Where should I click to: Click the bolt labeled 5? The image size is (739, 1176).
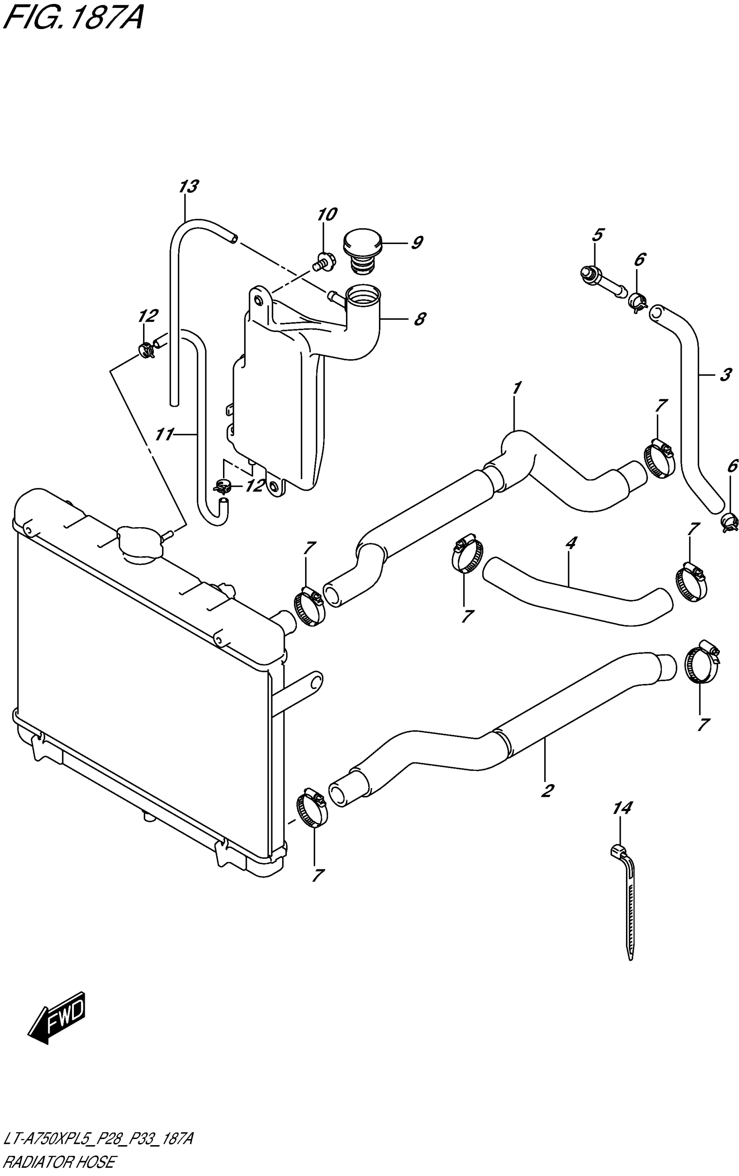click(601, 281)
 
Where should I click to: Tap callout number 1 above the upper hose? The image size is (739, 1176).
click(517, 388)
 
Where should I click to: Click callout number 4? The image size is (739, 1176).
click(571, 541)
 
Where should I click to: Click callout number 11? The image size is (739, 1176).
click(164, 434)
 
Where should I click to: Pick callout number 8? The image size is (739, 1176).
click(419, 319)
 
